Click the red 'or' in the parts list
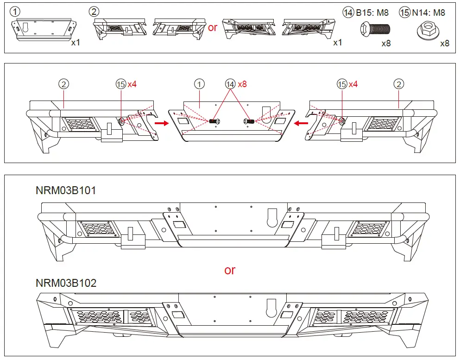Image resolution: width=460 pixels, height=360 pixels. tap(213, 27)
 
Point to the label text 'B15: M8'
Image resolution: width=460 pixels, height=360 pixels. tap(372, 13)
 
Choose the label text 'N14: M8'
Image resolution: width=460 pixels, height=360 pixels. tap(428, 13)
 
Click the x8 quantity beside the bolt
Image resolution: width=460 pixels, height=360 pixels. tap(386, 44)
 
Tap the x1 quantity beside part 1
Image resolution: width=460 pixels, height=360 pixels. tap(76, 42)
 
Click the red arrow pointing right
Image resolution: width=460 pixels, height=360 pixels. tap(161, 123)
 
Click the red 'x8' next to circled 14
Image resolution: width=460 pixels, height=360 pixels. tap(242, 84)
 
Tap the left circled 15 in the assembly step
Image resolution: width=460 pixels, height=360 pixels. tap(121, 84)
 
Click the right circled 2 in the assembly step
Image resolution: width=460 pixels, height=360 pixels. tap(398, 84)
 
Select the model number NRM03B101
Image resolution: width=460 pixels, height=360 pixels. tap(66, 190)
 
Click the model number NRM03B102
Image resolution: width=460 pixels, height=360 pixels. tap(66, 283)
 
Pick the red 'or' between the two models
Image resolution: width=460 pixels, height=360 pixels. tap(230, 270)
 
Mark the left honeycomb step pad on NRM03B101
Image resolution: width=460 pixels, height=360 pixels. tap(98, 228)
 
